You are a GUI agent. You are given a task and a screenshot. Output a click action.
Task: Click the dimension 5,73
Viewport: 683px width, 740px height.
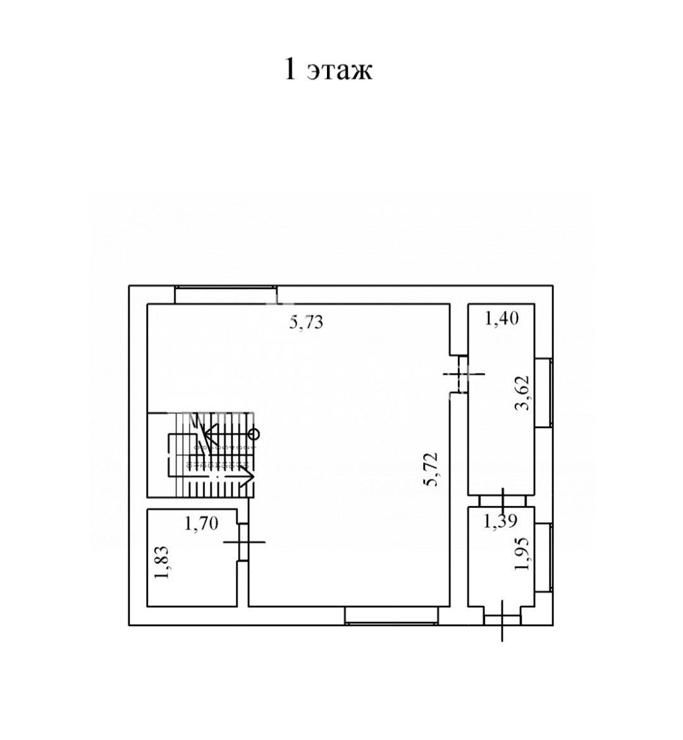click(x=307, y=322)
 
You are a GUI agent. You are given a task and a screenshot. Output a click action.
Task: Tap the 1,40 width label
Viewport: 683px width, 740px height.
click(x=501, y=319)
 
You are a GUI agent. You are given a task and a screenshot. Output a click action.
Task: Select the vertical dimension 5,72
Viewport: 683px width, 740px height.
click(x=432, y=469)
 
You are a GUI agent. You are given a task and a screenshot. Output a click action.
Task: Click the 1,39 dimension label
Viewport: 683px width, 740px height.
click(x=501, y=521)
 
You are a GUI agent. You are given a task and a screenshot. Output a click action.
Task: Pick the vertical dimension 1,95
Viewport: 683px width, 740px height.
click(x=524, y=553)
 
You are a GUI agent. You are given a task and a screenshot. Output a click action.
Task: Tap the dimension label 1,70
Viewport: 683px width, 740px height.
click(x=202, y=523)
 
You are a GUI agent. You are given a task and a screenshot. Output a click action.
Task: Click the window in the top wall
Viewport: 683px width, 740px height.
click(x=226, y=294)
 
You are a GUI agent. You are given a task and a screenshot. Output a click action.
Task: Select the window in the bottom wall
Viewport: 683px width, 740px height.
click(x=391, y=616)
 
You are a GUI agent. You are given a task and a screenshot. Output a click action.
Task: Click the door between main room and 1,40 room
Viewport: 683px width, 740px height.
click(x=458, y=374)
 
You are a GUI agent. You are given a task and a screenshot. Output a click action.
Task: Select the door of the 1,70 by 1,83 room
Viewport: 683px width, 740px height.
click(x=243, y=542)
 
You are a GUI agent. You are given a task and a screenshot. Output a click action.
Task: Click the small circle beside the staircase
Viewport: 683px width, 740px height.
click(x=254, y=433)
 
